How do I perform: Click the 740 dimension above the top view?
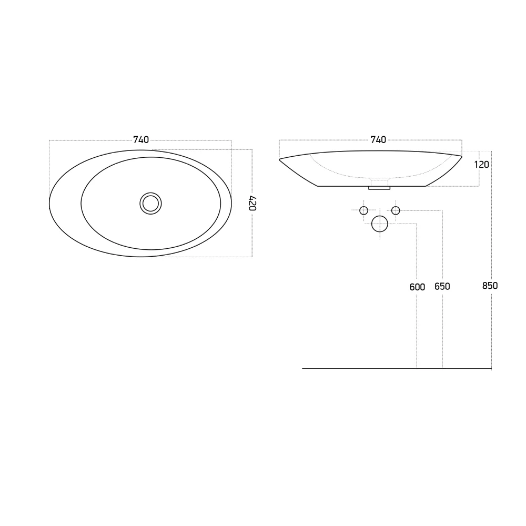click(x=141, y=139)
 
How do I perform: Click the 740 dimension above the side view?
click(x=378, y=139)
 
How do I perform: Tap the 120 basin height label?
click(x=481, y=164)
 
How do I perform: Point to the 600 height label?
click(x=417, y=287)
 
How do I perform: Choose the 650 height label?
click(x=442, y=287)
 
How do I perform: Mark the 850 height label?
click(x=490, y=286)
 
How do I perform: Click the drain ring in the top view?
click(x=151, y=203)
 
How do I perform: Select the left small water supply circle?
click(x=363, y=210)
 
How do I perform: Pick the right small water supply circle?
click(x=396, y=210)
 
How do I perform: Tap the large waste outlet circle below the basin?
click(x=380, y=224)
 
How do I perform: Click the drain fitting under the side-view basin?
click(x=379, y=185)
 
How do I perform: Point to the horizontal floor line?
click(x=368, y=368)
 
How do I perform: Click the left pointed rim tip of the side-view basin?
click(x=280, y=159)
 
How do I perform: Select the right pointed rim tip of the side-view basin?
click(x=461, y=156)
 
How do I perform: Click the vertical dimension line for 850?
click(x=491, y=326)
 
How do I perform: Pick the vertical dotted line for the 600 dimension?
click(x=417, y=326)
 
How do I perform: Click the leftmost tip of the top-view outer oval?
click(x=49, y=205)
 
